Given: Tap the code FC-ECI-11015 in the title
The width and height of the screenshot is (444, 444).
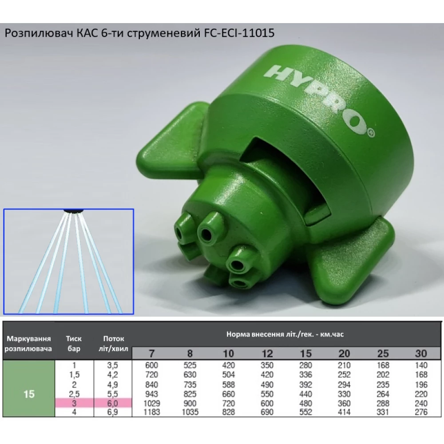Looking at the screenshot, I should (x=240, y=34).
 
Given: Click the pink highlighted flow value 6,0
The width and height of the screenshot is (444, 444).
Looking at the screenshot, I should (x=114, y=403).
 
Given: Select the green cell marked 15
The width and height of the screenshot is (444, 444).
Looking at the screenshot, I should (x=29, y=394).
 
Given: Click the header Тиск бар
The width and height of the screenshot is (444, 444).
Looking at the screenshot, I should (x=74, y=343).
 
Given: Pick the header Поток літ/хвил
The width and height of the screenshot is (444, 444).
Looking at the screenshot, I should (x=114, y=343).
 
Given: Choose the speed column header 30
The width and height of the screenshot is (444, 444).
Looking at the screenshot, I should (x=420, y=353).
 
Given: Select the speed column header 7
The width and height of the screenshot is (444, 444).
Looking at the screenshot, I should (x=152, y=353).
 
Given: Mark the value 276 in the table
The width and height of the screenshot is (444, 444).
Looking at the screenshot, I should (x=420, y=412).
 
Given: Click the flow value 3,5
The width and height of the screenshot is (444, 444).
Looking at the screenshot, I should (x=114, y=365).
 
